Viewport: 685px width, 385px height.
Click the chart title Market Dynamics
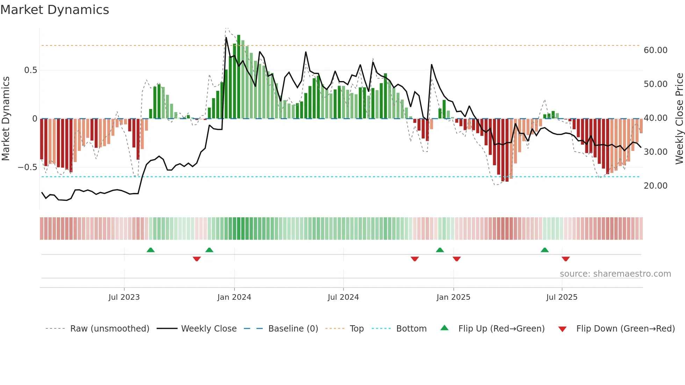(x=55, y=10)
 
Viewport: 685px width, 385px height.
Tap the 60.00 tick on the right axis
(x=655, y=50)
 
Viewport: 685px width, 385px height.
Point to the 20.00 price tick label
(x=655, y=186)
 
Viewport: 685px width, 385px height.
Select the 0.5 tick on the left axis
(x=30, y=70)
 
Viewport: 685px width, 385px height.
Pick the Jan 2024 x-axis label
(x=234, y=297)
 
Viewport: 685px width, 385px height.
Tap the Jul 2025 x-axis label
(x=562, y=297)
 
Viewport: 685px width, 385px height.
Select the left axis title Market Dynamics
(x=6, y=119)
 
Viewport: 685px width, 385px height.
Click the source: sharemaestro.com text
(x=615, y=274)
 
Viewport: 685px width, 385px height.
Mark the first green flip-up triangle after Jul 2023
(x=151, y=250)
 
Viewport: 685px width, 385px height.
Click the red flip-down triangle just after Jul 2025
(x=566, y=259)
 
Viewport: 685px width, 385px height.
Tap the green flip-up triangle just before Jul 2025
(x=545, y=250)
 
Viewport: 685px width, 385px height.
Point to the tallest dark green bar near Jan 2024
(x=239, y=77)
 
